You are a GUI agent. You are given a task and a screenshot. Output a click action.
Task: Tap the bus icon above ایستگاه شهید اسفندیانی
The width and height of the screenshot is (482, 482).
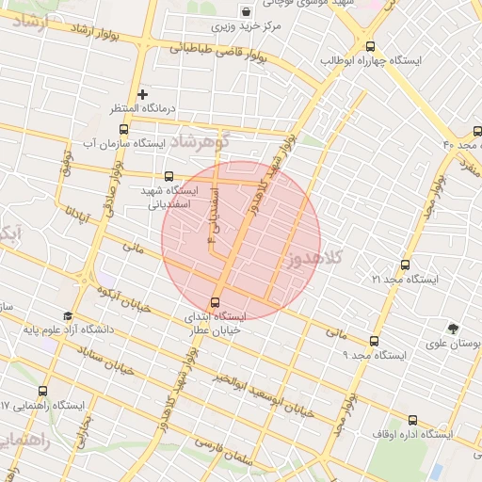point(169,175)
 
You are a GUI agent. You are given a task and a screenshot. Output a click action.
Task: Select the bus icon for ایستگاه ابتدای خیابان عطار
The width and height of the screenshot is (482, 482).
point(217,303)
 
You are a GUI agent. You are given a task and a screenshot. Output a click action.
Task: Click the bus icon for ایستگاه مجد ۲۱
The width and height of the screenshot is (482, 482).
point(405,265)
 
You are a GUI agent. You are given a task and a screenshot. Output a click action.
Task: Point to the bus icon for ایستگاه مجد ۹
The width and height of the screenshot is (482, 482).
point(375,341)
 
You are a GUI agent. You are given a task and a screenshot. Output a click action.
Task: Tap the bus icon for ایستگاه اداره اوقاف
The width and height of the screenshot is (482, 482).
point(412,420)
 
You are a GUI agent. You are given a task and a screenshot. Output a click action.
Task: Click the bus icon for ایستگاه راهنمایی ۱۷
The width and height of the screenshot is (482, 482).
point(42,391)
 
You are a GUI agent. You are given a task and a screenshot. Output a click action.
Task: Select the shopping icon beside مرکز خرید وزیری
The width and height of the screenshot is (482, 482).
point(246,12)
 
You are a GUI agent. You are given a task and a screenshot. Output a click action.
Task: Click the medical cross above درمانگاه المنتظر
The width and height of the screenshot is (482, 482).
point(142,94)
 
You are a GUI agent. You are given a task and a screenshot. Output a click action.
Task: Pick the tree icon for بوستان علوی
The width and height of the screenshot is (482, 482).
point(455,329)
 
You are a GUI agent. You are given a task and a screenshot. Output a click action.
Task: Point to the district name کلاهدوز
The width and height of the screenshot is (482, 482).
point(314,256)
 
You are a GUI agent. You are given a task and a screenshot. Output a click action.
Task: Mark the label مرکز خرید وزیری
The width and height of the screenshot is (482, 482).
point(246,27)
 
